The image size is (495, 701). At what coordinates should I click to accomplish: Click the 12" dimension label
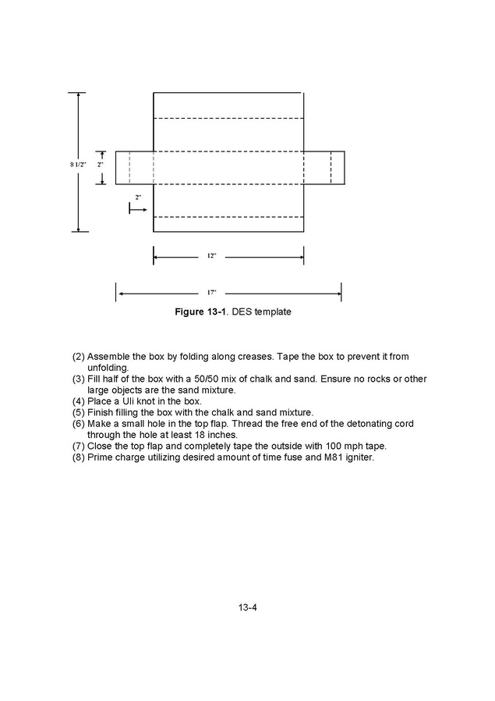click(211, 256)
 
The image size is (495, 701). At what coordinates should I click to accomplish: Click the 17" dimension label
click(211, 294)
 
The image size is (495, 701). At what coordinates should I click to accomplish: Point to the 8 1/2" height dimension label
click(77, 165)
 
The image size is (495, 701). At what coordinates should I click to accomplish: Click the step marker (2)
click(79, 357)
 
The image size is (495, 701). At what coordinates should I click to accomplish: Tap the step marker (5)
click(79, 412)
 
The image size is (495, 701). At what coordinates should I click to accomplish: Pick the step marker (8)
click(79, 457)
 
